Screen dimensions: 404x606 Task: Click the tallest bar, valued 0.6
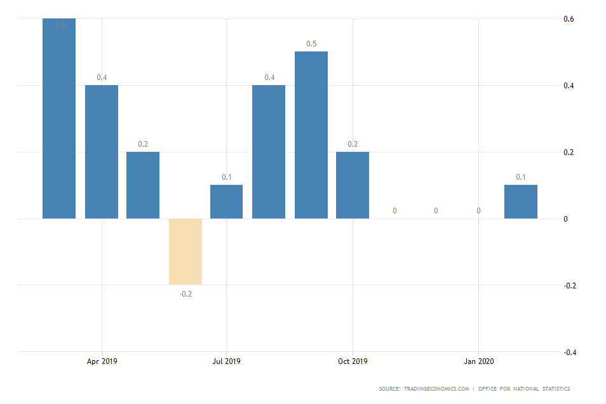(x=59, y=118)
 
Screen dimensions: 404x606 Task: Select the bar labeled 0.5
(x=311, y=135)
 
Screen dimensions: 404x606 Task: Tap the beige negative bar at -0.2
(x=185, y=252)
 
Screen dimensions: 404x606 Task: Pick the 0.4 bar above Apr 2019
(x=102, y=152)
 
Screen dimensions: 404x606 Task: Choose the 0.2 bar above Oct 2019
(x=353, y=185)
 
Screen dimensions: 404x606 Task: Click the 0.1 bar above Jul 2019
(x=227, y=201)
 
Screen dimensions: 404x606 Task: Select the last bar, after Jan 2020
(x=521, y=201)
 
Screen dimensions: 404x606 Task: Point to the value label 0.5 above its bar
(x=311, y=44)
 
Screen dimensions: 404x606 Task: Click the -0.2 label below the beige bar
(x=185, y=294)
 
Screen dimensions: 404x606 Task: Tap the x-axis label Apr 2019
(x=102, y=361)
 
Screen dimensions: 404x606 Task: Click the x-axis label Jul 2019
(x=227, y=361)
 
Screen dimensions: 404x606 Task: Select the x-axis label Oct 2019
(x=353, y=361)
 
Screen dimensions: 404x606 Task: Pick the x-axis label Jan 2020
(x=478, y=361)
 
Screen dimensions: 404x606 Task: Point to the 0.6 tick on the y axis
(x=569, y=19)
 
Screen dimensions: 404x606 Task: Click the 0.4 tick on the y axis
(x=569, y=86)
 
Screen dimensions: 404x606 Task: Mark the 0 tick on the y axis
(x=567, y=219)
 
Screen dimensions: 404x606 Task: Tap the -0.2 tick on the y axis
(x=569, y=285)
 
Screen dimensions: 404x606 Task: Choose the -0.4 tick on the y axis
(x=569, y=352)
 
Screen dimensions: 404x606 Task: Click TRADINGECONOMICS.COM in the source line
(x=438, y=389)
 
